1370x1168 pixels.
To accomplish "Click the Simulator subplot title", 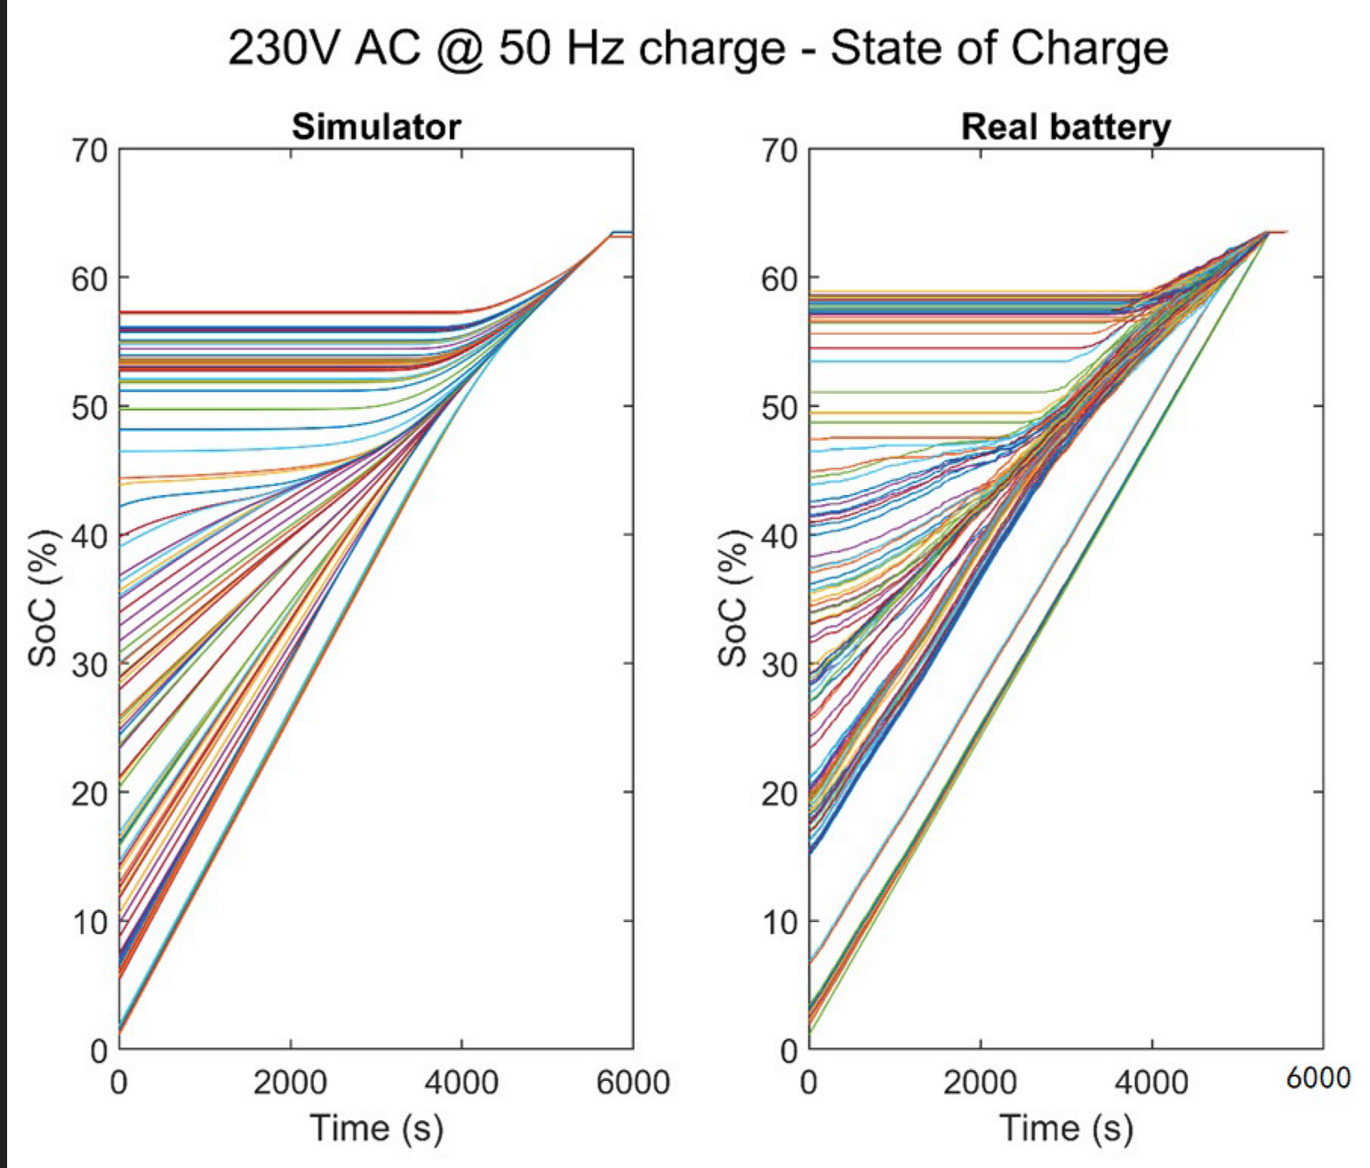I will [x=376, y=127].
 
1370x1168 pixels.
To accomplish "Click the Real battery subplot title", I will [x=1065, y=127].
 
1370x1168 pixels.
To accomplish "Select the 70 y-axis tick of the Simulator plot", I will [x=89, y=150].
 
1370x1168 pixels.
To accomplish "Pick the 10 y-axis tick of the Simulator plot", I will [x=89, y=922].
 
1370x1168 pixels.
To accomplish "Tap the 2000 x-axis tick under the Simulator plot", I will [x=290, y=1083].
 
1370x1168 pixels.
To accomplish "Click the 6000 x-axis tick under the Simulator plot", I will [x=632, y=1083].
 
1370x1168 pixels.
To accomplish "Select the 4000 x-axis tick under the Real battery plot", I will [x=1151, y=1083].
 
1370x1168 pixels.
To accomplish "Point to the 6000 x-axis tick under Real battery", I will [x=1318, y=1078].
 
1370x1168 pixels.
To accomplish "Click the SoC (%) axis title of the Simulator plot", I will [x=43, y=598].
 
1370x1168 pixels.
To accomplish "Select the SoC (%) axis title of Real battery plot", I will [x=733, y=598].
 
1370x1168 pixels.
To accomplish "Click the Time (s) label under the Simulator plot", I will [x=376, y=1128].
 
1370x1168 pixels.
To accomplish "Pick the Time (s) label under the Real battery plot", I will [x=1065, y=1128].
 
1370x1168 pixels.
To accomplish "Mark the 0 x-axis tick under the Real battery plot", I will [x=809, y=1083].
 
